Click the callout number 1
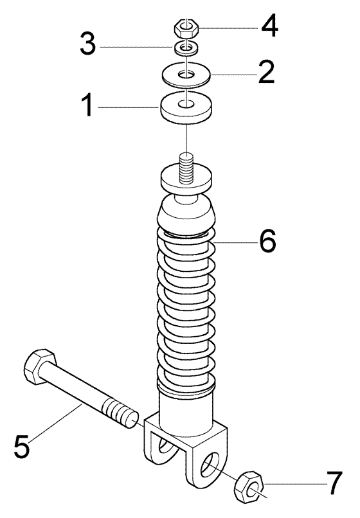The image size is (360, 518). pos(87,105)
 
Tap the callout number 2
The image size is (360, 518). pos(266,72)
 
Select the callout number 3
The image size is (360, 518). pos(88,44)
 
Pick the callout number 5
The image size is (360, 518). pos(22,446)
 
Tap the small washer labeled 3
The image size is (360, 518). pos(186,49)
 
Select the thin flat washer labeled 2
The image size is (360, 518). pos(186,75)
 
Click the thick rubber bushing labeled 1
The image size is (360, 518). pos(186,109)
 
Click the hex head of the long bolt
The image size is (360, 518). pos(39,366)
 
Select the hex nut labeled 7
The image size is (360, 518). pos(249,488)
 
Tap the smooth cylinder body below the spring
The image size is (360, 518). pos(185,409)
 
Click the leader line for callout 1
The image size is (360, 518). pos(125,107)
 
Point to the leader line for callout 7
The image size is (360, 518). pos(294,485)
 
